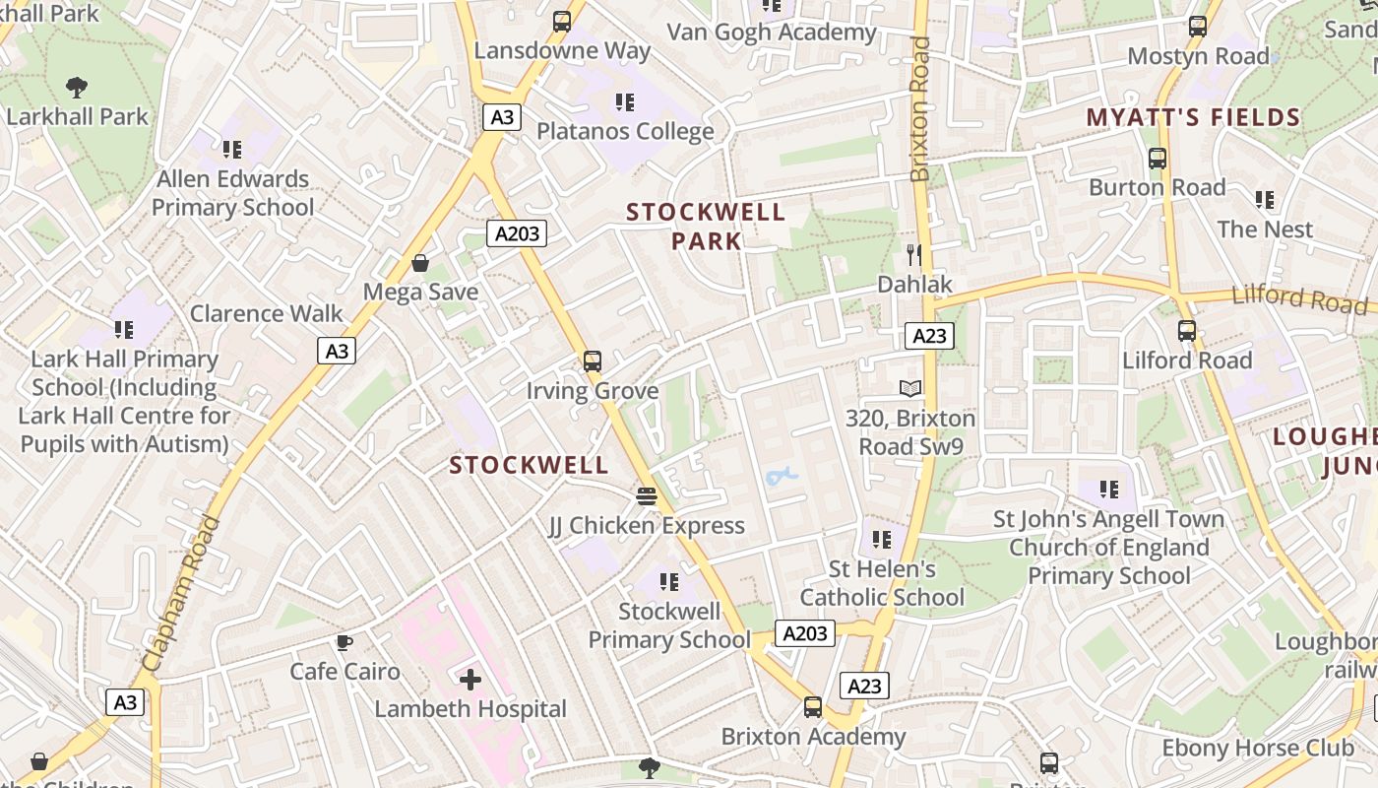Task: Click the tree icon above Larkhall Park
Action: pyautogui.click(x=77, y=88)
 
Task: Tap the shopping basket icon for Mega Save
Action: pyautogui.click(x=420, y=263)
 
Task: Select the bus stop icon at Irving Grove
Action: pyautogui.click(x=592, y=361)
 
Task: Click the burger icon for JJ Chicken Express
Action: pyautogui.click(x=646, y=495)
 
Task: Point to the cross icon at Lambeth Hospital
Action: pyautogui.click(x=470, y=679)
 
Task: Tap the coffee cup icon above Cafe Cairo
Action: pyautogui.click(x=344, y=642)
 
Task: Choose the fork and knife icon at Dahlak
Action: pyautogui.click(x=914, y=255)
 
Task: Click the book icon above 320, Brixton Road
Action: pyautogui.click(x=910, y=389)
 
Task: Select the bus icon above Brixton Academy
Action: pyautogui.click(x=813, y=706)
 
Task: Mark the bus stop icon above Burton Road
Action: pyautogui.click(x=1158, y=158)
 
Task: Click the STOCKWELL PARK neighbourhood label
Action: pyautogui.click(x=706, y=227)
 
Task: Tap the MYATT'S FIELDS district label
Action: pyautogui.click(x=1193, y=118)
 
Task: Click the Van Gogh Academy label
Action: pyautogui.click(x=771, y=32)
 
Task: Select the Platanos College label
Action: pyautogui.click(x=625, y=131)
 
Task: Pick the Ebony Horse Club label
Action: pyautogui.click(x=1244, y=748)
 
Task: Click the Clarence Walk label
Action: pyautogui.click(x=266, y=313)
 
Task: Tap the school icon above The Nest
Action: pyautogui.click(x=1265, y=200)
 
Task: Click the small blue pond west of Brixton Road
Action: pyautogui.click(x=781, y=478)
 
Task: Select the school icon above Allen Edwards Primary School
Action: pyautogui.click(x=232, y=150)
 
